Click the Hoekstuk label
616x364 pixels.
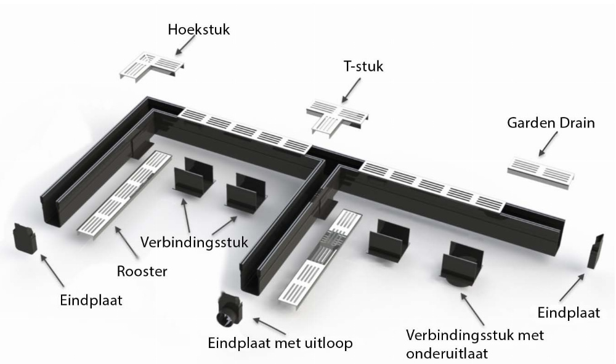pos(198,29)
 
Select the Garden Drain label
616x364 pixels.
pos(551,123)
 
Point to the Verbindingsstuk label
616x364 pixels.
pos(194,241)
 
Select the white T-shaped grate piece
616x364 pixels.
pos(337,115)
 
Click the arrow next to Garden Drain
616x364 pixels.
pos(546,145)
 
